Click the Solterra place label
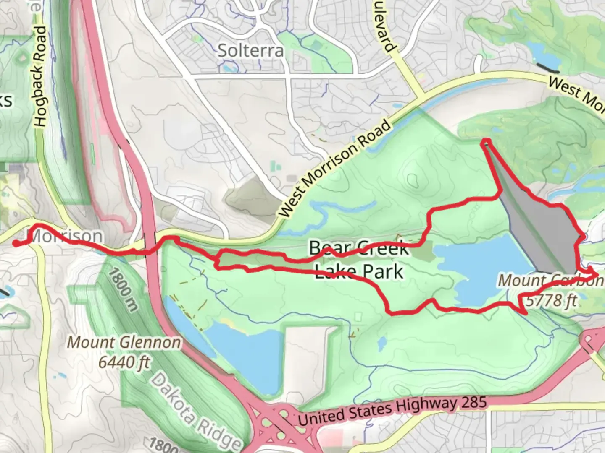pos(251,51)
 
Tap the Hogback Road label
pos(40,76)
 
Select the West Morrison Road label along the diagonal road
pos(335,168)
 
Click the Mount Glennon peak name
pos(124,342)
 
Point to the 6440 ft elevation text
pos(124,361)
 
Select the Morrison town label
pos(66,236)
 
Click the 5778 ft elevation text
pos(551,300)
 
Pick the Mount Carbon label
pos(550,280)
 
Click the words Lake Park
pos(359,272)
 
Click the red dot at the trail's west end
pos(16,243)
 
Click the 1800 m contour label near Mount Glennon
pos(122,290)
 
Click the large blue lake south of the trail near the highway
pos(244,352)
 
